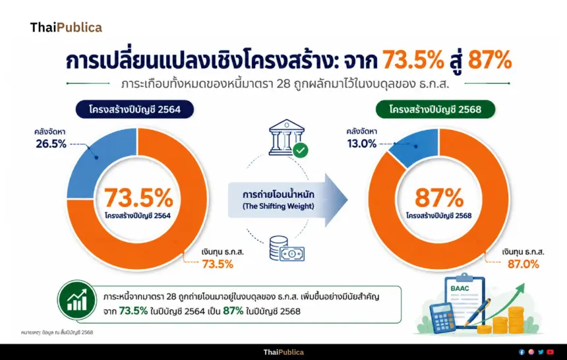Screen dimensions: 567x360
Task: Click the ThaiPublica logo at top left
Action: (66, 28)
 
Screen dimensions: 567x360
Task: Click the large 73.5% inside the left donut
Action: (139, 198)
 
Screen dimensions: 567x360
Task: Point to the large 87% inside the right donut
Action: (439, 198)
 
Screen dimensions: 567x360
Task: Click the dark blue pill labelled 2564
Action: (134, 109)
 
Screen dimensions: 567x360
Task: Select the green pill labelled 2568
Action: (435, 109)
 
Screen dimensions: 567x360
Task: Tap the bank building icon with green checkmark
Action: (288, 138)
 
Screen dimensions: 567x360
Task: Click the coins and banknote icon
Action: (287, 249)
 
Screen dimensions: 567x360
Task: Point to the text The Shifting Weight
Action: (278, 206)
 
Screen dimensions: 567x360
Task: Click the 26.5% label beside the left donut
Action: (51, 144)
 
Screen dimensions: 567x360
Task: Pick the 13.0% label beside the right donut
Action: (361, 144)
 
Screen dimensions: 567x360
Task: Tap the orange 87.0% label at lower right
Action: (523, 264)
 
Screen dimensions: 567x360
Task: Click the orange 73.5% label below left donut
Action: (218, 264)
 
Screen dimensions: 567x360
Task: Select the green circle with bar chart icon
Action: (77, 300)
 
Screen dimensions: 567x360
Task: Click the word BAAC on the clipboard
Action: (460, 288)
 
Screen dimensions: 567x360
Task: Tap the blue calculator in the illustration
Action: (442, 318)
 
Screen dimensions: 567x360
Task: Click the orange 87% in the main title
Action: (490, 60)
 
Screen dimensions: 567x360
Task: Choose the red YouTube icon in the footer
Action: (550, 352)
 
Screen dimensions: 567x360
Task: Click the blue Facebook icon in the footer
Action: (522, 352)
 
